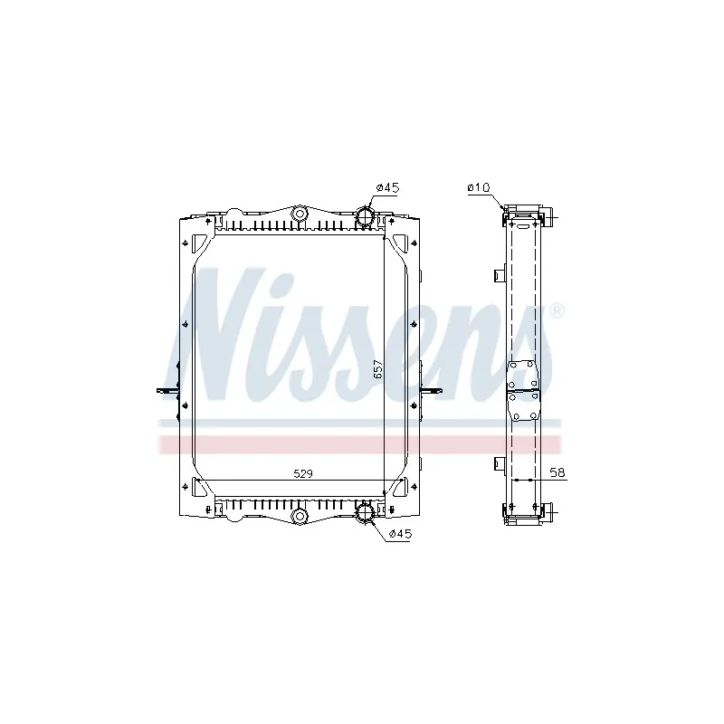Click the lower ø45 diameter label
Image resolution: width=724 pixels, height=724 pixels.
pyautogui.click(x=399, y=535)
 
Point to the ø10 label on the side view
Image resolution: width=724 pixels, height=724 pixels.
pyautogui.click(x=478, y=187)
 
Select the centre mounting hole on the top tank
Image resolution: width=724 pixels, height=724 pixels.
pyautogui.click(x=298, y=214)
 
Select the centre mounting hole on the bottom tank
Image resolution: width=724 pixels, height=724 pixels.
pyautogui.click(x=298, y=517)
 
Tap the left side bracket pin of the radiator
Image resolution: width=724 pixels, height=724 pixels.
pyautogui.click(x=166, y=391)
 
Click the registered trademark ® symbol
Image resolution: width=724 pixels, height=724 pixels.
pyautogui.click(x=557, y=310)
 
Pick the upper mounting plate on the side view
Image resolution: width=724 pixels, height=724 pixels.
pyautogui.click(x=523, y=376)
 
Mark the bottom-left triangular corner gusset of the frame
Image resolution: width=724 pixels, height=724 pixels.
pyautogui.click(x=202, y=490)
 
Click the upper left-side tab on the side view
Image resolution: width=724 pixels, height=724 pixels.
pyautogui.click(x=497, y=273)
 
